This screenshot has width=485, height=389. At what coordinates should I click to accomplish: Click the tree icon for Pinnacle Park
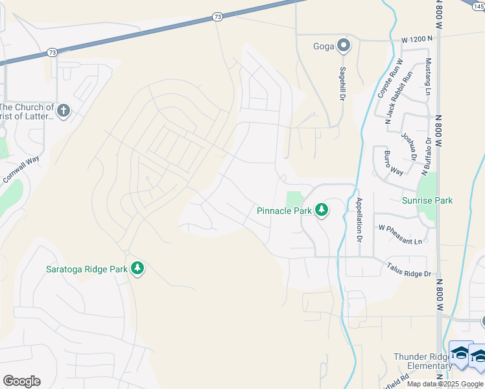tap(321, 210)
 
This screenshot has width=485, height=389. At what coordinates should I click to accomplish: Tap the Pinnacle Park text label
tap(285, 211)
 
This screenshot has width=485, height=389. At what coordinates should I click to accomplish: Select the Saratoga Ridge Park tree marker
tap(137, 268)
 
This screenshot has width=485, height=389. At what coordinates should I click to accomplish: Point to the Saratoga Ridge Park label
tap(86, 269)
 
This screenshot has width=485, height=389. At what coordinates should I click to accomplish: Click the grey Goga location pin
tap(344, 45)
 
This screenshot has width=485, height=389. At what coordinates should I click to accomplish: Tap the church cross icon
tap(63, 111)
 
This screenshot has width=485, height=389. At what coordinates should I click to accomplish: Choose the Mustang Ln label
tap(428, 77)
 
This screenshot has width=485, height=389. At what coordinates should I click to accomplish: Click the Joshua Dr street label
tap(408, 147)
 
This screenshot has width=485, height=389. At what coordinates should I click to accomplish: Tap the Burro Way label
tap(394, 163)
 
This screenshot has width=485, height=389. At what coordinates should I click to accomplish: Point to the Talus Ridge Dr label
tap(409, 270)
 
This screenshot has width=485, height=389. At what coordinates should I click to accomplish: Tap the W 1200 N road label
tap(416, 40)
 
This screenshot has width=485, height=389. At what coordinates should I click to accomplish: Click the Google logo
tap(21, 381)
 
